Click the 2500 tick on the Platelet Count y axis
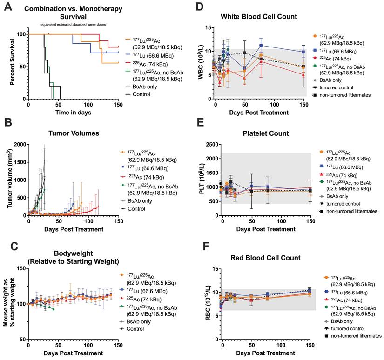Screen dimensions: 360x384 209,145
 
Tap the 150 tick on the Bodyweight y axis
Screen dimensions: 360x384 20,268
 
